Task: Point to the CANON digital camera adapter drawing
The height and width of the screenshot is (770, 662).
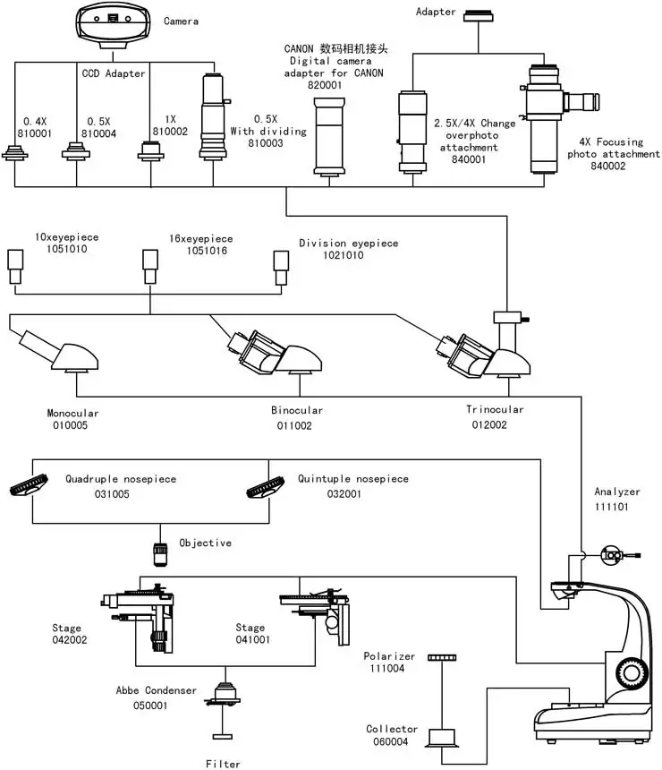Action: pyautogui.click(x=330, y=136)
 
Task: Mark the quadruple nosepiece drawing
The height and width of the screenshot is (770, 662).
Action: pyautogui.click(x=30, y=487)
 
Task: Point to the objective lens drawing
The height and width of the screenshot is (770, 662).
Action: pyautogui.click(x=161, y=553)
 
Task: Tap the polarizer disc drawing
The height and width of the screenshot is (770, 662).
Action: pyautogui.click(x=443, y=658)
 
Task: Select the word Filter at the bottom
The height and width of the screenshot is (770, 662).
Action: pyautogui.click(x=222, y=764)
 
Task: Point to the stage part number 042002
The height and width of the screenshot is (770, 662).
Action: pyautogui.click(x=69, y=640)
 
